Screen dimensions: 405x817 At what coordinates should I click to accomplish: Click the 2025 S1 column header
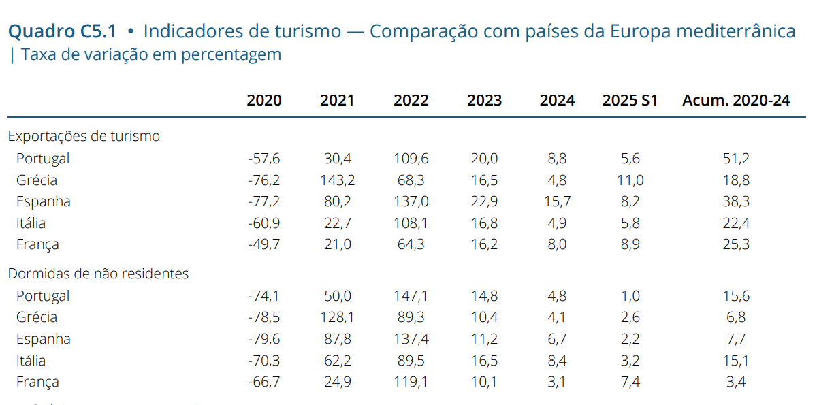tap(630, 100)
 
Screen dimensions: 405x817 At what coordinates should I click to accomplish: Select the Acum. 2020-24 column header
tap(736, 100)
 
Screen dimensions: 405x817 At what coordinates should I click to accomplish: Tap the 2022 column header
tap(411, 100)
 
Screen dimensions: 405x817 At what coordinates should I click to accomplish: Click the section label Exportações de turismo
tap(84, 136)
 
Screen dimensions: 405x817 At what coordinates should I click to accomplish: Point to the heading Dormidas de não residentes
tap(98, 274)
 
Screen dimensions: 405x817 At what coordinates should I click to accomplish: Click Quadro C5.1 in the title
tap(62, 31)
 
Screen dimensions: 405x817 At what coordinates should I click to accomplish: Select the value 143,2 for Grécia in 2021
tap(337, 180)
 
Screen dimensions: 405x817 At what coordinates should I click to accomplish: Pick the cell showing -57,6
tap(264, 159)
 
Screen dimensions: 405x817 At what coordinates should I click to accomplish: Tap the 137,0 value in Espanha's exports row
tap(411, 201)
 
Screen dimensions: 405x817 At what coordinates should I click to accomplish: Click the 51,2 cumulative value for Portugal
tap(736, 159)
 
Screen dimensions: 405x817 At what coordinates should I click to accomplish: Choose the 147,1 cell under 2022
tap(411, 296)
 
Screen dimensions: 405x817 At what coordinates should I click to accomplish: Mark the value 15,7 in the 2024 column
tap(557, 201)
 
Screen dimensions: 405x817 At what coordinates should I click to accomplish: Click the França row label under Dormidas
tap(37, 382)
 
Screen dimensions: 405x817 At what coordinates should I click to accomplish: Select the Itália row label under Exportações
tap(31, 223)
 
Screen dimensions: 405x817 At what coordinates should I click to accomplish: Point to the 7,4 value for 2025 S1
tap(630, 382)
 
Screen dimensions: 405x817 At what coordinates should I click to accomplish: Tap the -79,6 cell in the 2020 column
tap(264, 339)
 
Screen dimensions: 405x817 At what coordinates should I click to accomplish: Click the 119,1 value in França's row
tap(411, 382)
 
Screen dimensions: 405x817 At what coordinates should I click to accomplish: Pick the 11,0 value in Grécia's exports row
tap(630, 180)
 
